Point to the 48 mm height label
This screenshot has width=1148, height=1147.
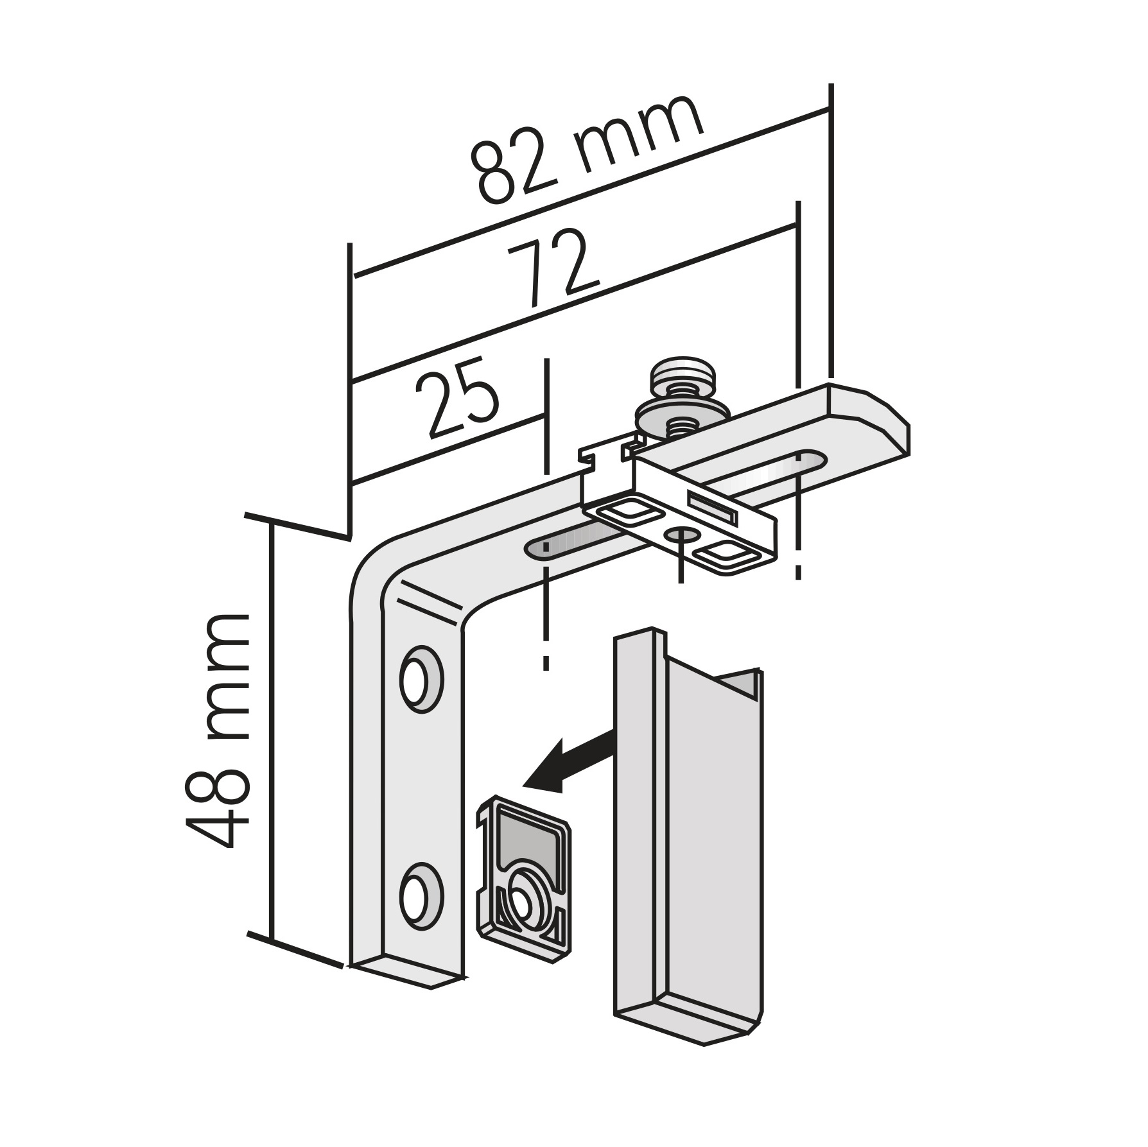[216, 730]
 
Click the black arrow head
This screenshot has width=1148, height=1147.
[546, 767]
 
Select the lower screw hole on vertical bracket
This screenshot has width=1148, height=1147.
[421, 897]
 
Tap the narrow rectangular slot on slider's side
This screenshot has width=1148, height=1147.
[711, 506]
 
